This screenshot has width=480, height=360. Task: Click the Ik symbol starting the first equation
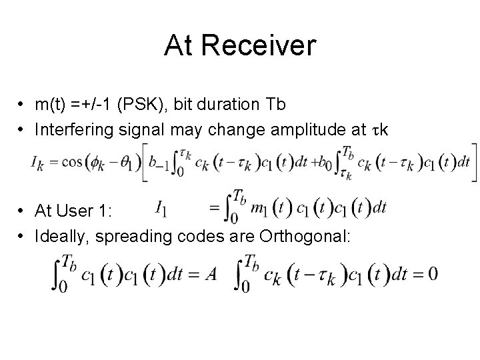37,162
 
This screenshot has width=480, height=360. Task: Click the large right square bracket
473,162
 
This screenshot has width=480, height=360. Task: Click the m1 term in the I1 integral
257,209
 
